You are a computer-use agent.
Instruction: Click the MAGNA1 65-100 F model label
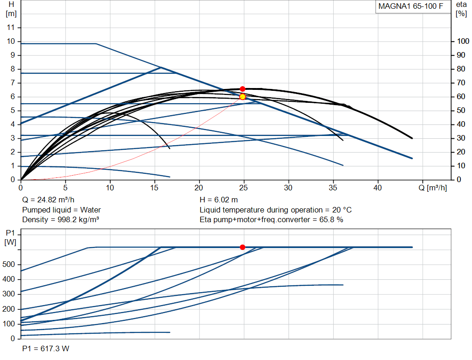(411, 6)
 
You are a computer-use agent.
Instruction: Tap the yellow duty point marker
(242, 97)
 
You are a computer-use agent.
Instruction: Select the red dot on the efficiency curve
(242, 89)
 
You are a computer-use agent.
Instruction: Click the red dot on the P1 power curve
(242, 247)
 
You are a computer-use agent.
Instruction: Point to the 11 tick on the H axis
(11, 27)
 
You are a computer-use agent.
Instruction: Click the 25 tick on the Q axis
(243, 188)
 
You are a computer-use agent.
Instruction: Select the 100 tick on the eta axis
(463, 41)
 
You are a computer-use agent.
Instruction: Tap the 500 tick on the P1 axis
(8, 264)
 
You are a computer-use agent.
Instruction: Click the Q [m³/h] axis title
(432, 188)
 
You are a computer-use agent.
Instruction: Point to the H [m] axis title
(11, 9)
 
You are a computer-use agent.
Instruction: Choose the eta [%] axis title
(461, 9)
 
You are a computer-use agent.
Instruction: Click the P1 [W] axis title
(10, 237)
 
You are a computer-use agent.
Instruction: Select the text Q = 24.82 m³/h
(48, 200)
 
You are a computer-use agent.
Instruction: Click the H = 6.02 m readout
(218, 200)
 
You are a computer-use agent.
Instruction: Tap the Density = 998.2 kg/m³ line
(60, 220)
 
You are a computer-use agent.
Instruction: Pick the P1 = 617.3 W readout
(46, 348)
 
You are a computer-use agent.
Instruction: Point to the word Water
(90, 210)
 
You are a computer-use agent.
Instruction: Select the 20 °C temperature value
(342, 210)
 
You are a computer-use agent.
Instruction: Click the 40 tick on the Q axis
(378, 188)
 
